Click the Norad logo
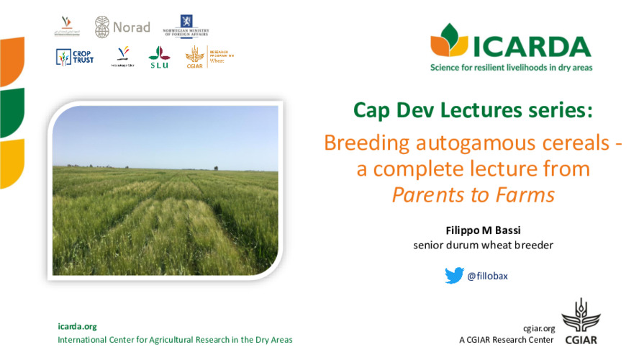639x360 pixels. (x=122, y=27)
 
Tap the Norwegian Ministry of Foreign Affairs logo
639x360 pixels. (x=185, y=26)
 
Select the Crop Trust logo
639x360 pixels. (x=74, y=57)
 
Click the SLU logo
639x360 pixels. (x=159, y=56)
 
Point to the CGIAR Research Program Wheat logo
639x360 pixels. (x=209, y=56)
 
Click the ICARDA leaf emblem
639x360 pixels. (x=450, y=42)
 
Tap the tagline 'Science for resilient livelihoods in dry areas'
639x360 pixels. (x=511, y=67)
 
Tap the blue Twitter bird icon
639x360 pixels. (x=453, y=275)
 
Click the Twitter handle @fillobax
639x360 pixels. (x=487, y=276)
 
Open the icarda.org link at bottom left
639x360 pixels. (x=76, y=326)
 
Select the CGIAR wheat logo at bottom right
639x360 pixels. (x=581, y=322)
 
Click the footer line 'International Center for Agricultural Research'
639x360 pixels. (x=175, y=340)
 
